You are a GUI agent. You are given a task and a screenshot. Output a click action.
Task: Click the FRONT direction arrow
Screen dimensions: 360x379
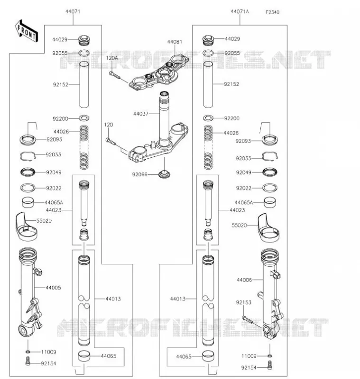pos(27,32)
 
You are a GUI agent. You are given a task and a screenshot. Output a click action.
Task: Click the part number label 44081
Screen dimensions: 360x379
pos(175,42)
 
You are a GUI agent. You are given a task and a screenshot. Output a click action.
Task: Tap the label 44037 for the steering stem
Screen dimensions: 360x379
pos(140,114)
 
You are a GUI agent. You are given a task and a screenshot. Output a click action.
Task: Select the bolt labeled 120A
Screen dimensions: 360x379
pos(114,75)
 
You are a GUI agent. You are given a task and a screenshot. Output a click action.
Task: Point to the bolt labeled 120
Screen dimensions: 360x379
pos(111,142)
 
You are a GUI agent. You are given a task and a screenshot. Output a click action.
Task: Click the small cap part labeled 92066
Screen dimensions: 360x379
pos(164,174)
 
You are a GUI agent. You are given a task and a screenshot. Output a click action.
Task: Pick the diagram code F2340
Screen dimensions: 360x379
pos(272,12)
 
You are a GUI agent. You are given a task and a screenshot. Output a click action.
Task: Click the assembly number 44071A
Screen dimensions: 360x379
pos(240,11)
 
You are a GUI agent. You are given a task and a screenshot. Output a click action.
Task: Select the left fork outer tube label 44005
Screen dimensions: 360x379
pos(53,288)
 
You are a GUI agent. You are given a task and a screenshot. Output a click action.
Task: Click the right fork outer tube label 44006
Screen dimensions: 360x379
pos(244,280)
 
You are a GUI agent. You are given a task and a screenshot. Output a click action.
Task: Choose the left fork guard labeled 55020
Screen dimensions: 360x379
pos(26,227)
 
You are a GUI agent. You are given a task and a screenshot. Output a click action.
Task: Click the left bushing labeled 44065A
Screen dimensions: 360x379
pos(28,203)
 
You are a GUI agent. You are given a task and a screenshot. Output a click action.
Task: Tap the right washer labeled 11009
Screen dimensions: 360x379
pos(270,356)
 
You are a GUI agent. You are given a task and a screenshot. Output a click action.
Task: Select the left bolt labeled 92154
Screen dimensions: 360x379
pos(28,361)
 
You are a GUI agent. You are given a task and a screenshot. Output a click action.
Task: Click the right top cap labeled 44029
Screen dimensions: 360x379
pos(208,40)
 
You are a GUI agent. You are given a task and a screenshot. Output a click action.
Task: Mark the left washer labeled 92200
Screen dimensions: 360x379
pos(84,118)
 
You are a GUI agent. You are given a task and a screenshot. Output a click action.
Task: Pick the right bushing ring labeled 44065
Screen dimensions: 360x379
pos(208,356)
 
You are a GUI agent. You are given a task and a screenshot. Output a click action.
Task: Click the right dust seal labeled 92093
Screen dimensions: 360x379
pos(270,140)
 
